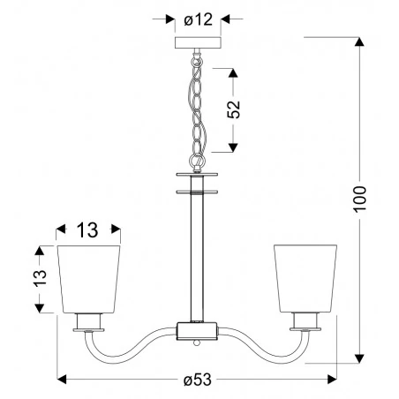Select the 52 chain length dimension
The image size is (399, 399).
[233, 109]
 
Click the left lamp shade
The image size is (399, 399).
[88, 275]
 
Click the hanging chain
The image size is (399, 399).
[197, 106]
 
